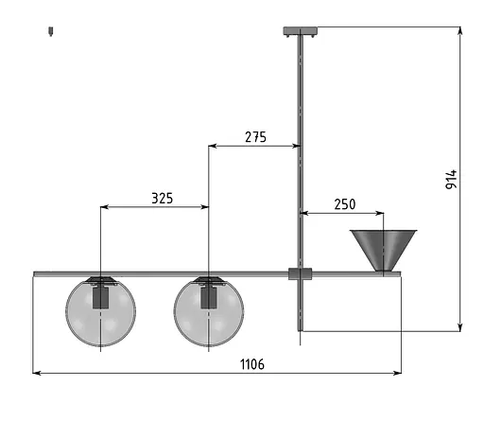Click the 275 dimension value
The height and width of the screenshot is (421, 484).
[255, 137]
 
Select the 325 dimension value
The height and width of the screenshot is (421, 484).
[163, 199]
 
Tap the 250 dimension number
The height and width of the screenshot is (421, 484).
[345, 204]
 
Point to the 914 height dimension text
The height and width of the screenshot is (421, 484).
[451, 180]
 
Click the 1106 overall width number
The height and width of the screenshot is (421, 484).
[252, 364]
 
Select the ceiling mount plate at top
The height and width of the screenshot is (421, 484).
[301, 31]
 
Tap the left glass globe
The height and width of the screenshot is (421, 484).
[101, 312]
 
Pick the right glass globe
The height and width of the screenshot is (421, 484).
[209, 312]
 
